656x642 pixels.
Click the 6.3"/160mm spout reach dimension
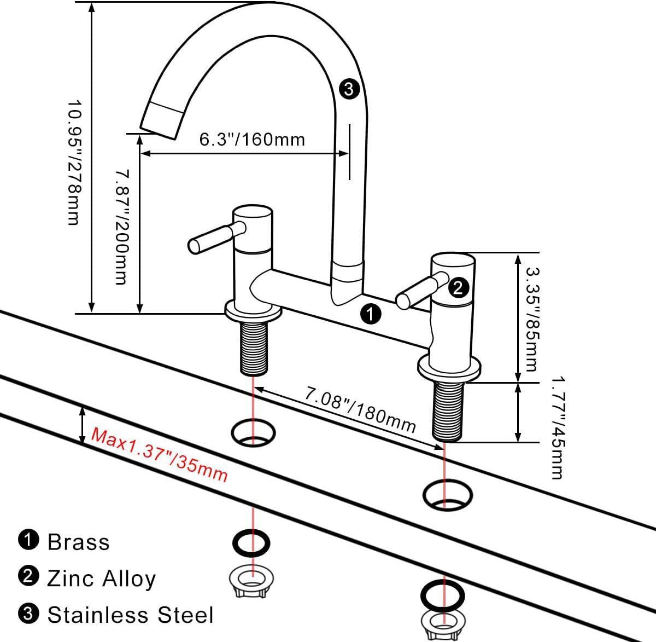tap(251, 140)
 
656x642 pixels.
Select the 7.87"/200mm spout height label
tap(121, 227)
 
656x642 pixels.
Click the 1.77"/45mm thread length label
tap(557, 427)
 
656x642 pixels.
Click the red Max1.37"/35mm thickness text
tap(159, 455)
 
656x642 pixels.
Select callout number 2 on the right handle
tap(458, 287)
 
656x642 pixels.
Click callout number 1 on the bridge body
tap(371, 314)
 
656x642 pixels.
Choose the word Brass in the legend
tap(79, 542)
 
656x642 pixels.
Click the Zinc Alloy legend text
tap(102, 578)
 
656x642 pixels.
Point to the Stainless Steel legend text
tap(130, 615)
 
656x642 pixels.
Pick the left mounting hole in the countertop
tap(253, 432)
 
